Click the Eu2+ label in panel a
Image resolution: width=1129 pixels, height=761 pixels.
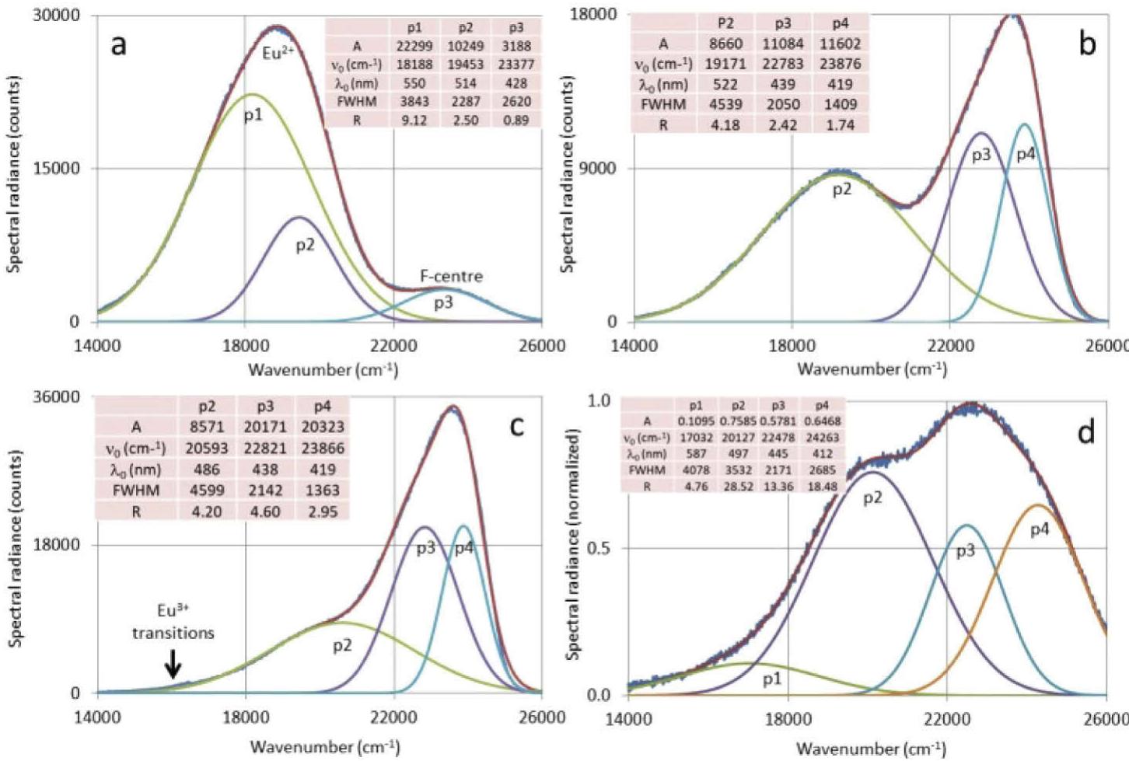[278, 54]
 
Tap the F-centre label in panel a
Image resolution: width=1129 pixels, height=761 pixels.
[451, 276]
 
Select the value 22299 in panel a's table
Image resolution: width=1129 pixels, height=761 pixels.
[414, 46]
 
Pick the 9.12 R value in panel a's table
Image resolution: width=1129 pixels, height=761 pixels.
[414, 120]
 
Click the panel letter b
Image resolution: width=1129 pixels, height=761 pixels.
[1087, 44]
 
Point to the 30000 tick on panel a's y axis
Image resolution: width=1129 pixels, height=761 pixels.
[55, 16]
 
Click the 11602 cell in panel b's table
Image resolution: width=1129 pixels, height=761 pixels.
[840, 44]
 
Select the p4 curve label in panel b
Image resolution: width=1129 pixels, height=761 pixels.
[1026, 155]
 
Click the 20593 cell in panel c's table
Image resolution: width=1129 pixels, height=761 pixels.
[206, 449]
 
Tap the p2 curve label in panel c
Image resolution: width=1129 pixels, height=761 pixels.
[342, 645]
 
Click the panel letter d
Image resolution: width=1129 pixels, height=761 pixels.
[1086, 433]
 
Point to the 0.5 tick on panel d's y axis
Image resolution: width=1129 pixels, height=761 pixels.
[599, 548]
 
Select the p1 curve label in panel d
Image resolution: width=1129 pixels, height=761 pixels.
[771, 679]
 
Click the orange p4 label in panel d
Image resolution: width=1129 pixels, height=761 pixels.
[1040, 530]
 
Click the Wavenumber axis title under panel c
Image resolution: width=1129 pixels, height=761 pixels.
[324, 747]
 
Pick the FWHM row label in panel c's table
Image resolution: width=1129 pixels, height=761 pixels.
[136, 490]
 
